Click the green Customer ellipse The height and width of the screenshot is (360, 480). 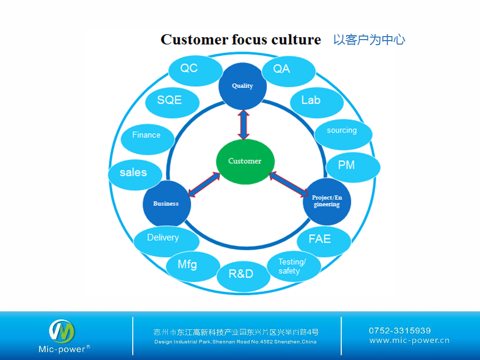click(245, 161)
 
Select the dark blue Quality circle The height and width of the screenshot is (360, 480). click(243, 86)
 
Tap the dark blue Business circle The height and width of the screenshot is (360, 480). click(166, 204)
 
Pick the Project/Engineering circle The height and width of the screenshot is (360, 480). click(327, 202)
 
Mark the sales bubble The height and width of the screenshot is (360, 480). click(134, 173)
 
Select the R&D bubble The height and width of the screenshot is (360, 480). click(241, 275)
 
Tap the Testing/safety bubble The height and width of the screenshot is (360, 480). click(293, 266)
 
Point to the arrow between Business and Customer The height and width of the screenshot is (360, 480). click(204, 185)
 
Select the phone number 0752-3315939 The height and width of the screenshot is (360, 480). click(400, 330)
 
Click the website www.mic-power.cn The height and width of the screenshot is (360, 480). click(409, 341)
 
